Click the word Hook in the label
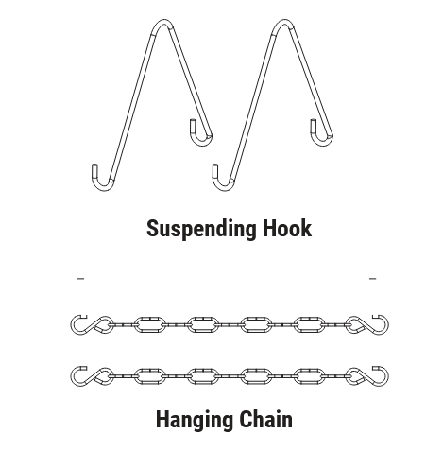point(287,228)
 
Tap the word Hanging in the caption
point(195,420)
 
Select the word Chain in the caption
point(265,419)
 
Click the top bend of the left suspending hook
point(163,21)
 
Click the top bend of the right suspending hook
point(284,21)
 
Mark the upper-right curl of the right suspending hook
point(322,144)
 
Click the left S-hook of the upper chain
point(92,324)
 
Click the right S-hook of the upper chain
point(366,324)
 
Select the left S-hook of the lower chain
point(92,376)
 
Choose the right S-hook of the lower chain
point(366,376)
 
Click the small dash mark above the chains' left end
point(80,278)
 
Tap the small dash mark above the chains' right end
point(372,278)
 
